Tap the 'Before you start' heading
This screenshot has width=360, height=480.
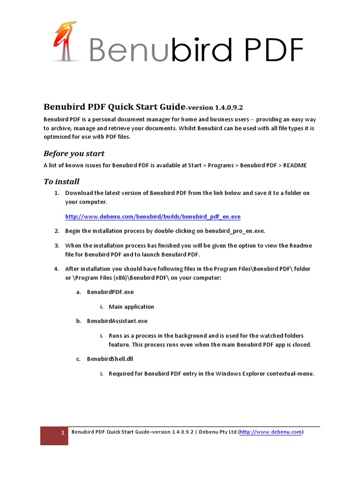click(74, 153)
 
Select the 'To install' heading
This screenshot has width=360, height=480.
click(61, 181)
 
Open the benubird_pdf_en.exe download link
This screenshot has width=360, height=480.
click(153, 217)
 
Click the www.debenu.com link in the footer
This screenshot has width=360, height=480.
click(271, 432)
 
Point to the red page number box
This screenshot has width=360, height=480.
click(54, 435)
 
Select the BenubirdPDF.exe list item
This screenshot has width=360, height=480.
click(110, 292)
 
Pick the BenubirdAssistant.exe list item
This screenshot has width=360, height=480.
click(117, 321)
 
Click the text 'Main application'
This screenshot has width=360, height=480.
click(131, 307)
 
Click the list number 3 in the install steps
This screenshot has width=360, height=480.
click(56, 245)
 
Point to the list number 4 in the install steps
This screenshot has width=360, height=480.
click(56, 269)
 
